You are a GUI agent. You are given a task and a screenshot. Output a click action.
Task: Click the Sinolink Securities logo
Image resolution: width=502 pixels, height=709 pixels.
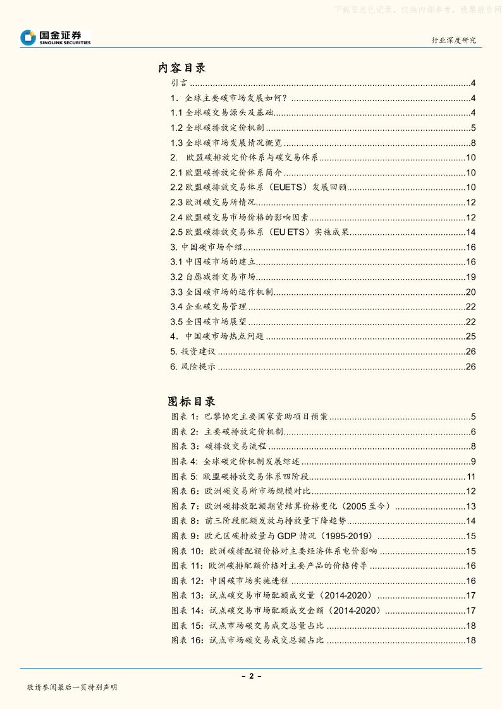56,38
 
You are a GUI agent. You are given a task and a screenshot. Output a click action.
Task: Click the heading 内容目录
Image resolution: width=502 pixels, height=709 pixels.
182,68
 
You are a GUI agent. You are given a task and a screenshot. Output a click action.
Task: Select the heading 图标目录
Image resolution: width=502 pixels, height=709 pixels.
192,401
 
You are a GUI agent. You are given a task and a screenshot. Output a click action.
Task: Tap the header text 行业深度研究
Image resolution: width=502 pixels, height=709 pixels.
453,40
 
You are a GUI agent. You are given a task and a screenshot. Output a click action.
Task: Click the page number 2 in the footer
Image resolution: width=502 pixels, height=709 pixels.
251,676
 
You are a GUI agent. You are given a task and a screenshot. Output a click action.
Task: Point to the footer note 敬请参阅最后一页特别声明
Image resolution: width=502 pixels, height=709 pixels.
72,688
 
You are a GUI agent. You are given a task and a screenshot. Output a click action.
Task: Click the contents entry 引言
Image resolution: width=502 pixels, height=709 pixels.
178,83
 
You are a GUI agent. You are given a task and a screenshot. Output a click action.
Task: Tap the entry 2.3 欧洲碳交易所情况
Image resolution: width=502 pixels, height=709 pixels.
213,203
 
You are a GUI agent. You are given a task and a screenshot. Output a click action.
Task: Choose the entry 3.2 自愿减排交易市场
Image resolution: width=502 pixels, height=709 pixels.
213,277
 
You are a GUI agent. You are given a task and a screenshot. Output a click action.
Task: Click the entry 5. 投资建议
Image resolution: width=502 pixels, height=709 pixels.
193,352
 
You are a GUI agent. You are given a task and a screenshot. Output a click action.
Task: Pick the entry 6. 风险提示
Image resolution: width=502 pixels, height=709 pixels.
193,367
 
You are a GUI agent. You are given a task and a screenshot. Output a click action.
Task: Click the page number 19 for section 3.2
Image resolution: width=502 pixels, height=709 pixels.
470,277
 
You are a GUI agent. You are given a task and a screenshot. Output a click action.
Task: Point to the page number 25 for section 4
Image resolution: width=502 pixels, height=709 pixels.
470,337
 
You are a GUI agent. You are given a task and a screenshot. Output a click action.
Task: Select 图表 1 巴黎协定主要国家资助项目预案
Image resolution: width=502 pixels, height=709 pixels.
250,417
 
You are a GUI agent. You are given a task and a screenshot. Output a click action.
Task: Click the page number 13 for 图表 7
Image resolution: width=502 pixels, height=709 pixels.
470,506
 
